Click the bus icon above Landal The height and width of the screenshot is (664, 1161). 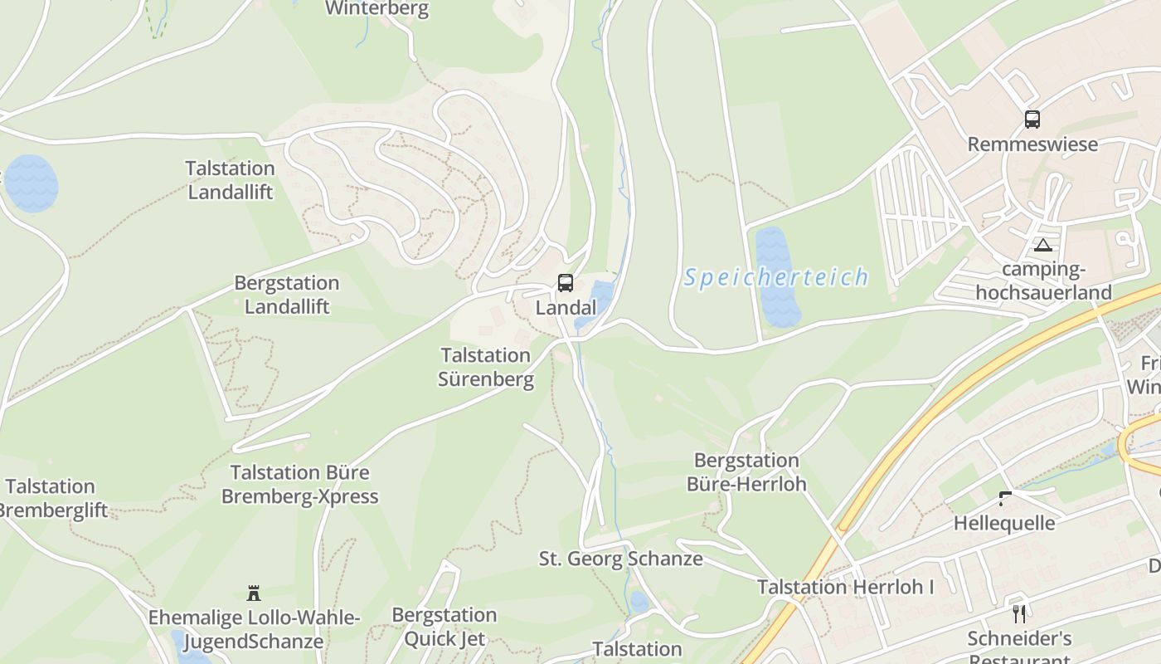click(565, 283)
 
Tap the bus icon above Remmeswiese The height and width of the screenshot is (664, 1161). click(1032, 120)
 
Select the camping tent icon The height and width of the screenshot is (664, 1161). click(1042, 245)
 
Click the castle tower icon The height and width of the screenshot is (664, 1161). click(254, 593)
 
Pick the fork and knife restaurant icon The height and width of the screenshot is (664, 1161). click(1019, 614)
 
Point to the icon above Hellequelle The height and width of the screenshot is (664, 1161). click(1005, 499)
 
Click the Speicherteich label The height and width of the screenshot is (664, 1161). click(775, 277)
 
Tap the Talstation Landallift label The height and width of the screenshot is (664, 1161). click(230, 180)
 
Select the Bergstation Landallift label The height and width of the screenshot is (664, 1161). click(286, 295)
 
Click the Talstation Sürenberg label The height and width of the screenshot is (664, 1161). click(486, 368)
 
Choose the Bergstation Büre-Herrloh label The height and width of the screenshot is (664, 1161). click(746, 472)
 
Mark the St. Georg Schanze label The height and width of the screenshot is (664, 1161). click(620, 559)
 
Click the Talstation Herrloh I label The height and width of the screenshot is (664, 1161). click(845, 587)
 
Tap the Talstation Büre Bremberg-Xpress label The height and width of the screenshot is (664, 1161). click(299, 485)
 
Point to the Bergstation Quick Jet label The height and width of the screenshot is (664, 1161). click(444, 627)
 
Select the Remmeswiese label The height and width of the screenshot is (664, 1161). click(1032, 144)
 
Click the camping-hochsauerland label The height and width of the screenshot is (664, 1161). click(1043, 281)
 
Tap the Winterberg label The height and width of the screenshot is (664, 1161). click(376, 9)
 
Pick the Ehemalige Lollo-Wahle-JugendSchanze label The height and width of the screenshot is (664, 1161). click(254, 629)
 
